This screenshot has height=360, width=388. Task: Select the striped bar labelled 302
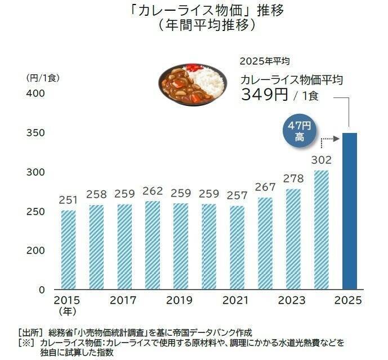(322, 230)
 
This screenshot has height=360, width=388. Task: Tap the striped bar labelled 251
(68, 250)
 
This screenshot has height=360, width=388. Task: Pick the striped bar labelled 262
(153, 245)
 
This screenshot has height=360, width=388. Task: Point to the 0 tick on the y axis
(42, 290)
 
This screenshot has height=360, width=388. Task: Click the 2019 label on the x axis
(180, 301)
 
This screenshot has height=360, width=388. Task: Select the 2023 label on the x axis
(293, 301)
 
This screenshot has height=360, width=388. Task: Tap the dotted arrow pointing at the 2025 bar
(328, 138)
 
